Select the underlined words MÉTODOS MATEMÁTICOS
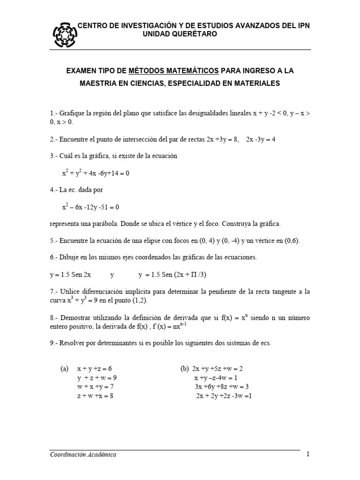180,71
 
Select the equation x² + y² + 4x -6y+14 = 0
95,173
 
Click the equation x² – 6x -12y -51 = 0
90,207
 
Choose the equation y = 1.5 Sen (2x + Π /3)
172,275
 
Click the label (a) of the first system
65,369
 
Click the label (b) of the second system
184,369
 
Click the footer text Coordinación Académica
83,454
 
